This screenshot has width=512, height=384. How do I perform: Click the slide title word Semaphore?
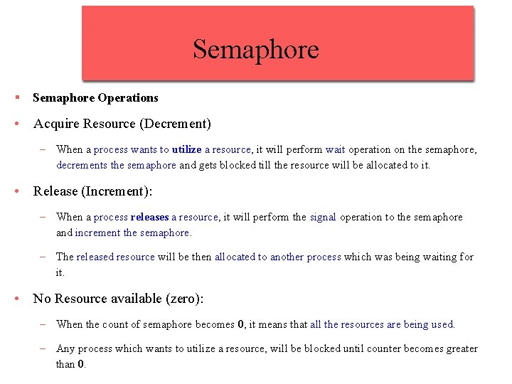click(x=255, y=50)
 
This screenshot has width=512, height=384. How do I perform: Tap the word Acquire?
click(x=56, y=124)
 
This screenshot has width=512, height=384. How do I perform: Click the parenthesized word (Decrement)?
click(x=176, y=124)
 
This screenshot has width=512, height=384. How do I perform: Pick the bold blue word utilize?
click(x=186, y=149)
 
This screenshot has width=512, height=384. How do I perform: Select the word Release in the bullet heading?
click(x=55, y=192)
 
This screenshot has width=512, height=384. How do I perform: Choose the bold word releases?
click(x=149, y=217)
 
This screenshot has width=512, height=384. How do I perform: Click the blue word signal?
click(x=323, y=217)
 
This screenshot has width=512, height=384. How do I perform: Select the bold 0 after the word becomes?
click(x=241, y=324)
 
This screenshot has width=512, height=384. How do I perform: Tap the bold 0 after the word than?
click(x=80, y=364)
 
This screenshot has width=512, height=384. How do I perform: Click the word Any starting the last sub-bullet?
click(x=65, y=348)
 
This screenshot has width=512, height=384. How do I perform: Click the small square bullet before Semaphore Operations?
click(x=15, y=97)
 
